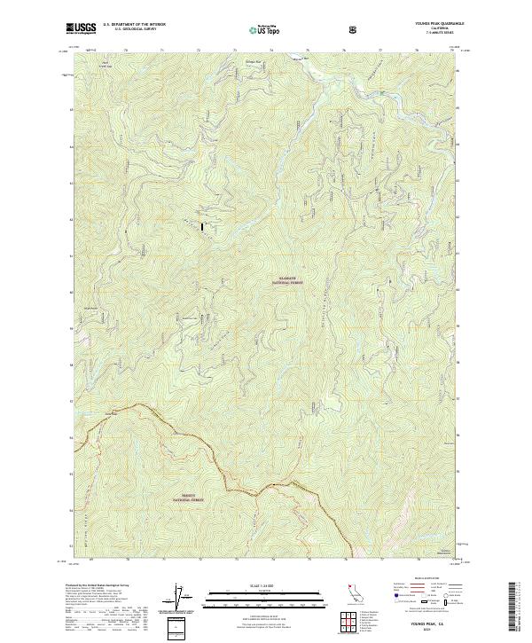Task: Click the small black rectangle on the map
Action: [203, 227]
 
